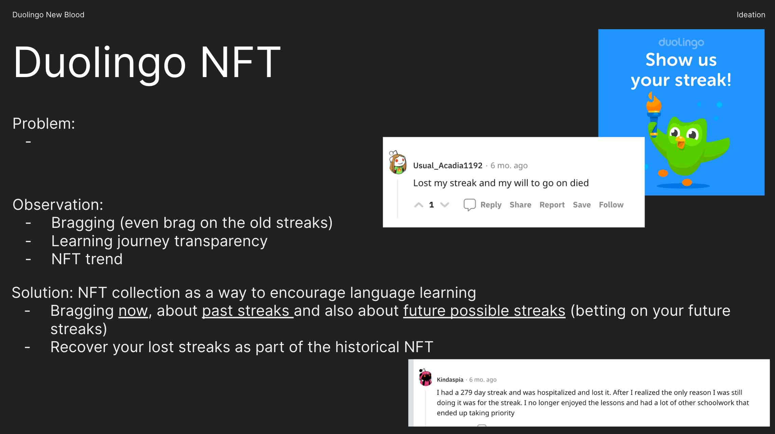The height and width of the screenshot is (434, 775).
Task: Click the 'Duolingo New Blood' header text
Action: tap(48, 15)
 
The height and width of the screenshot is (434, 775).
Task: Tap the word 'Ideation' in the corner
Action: tap(751, 15)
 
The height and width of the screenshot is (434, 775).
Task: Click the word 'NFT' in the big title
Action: tap(240, 62)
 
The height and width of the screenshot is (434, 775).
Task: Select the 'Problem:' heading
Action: tap(44, 123)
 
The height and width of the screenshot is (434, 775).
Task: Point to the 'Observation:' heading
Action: tap(58, 204)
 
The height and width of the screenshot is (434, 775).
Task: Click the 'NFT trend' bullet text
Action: tap(87, 259)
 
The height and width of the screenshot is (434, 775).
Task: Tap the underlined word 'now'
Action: tap(133, 311)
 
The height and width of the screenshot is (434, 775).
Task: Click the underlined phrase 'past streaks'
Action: tap(248, 311)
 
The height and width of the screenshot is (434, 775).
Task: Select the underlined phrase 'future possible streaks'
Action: tap(484, 311)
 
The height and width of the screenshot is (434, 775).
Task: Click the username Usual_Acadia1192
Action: tap(448, 165)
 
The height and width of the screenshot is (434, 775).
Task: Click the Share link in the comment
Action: tap(520, 205)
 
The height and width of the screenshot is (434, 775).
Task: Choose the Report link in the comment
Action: tap(552, 205)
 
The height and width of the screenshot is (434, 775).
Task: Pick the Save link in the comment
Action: tap(582, 205)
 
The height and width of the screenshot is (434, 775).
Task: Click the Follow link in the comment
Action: tap(611, 205)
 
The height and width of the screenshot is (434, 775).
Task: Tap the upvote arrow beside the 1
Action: tap(419, 205)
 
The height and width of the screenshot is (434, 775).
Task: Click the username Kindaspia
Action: tap(450, 380)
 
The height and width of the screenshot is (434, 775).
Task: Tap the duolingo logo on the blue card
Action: tap(681, 42)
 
